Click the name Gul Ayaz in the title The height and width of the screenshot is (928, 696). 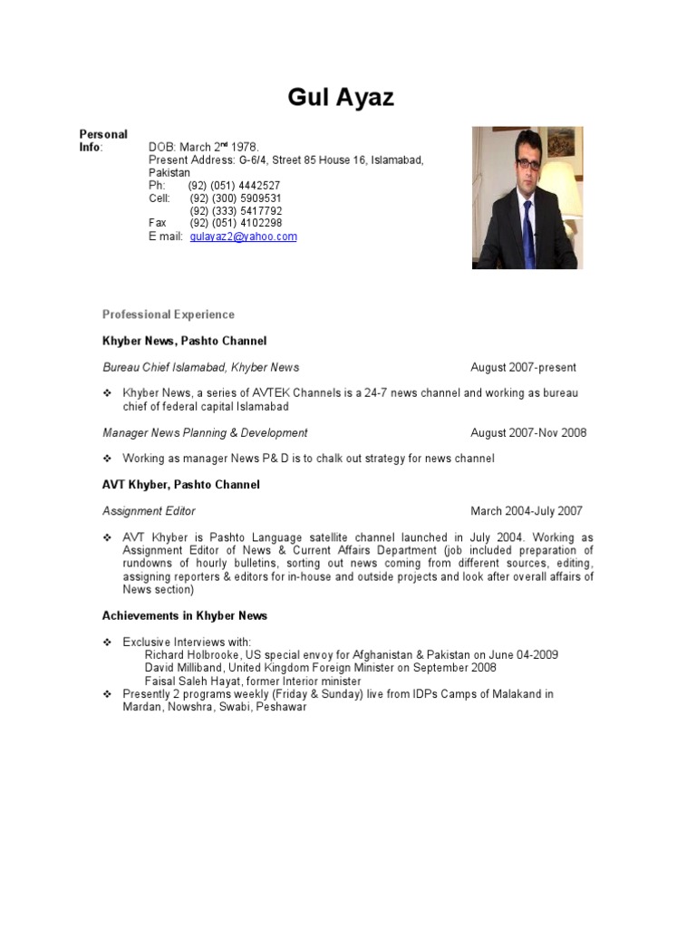[341, 97]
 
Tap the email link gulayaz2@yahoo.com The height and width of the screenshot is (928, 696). [243, 237]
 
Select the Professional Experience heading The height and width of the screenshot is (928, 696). [168, 314]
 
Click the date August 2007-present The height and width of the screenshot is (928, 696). [523, 367]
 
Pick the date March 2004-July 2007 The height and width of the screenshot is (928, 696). [527, 511]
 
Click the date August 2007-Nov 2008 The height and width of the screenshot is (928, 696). [528, 432]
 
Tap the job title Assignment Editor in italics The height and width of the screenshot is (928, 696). [149, 511]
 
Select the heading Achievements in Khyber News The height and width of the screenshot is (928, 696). [184, 615]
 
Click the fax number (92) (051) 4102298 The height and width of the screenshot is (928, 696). [236, 223]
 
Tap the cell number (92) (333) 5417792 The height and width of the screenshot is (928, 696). [236, 210]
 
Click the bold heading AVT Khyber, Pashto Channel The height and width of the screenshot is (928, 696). [180, 485]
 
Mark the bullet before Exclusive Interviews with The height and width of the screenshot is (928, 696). [107, 642]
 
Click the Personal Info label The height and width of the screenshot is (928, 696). [103, 140]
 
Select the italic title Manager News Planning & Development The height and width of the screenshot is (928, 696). [205, 432]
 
